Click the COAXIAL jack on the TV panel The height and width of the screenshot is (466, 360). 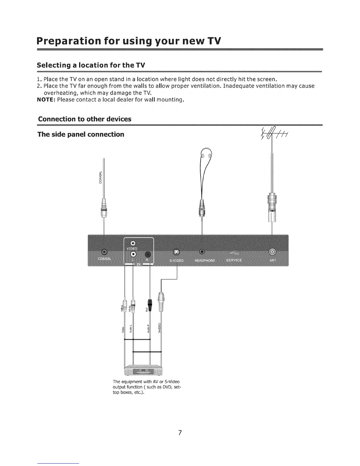click(x=104, y=252)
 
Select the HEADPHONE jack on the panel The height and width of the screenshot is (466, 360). click(x=202, y=252)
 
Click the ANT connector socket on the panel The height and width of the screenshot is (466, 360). click(x=272, y=252)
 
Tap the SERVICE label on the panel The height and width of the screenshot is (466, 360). click(x=234, y=260)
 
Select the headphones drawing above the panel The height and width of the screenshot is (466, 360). click(x=206, y=156)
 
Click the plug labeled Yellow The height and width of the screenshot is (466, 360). click(x=125, y=308)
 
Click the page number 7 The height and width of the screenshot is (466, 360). click(x=180, y=432)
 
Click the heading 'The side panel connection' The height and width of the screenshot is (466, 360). click(x=81, y=134)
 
